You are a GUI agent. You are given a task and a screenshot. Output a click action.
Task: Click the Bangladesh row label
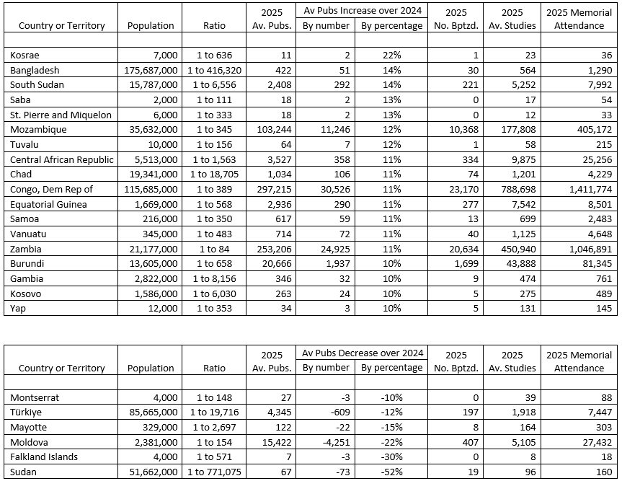point(35,71)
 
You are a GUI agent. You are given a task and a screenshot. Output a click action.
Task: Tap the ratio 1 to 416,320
point(214,71)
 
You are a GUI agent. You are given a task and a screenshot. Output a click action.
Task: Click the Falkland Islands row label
point(44,457)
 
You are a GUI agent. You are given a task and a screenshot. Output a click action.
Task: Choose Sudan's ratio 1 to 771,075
point(214,472)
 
